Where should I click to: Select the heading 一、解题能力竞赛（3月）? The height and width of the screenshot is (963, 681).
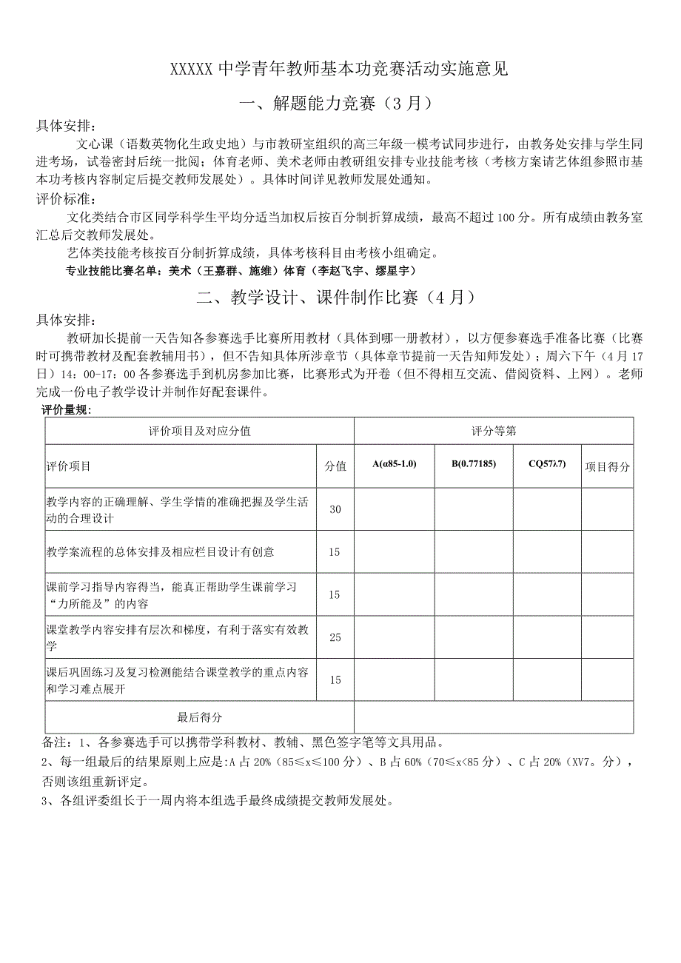(340, 104)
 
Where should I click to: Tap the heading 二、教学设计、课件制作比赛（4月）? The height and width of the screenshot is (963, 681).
(340, 298)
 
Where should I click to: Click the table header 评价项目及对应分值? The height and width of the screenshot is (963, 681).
(199, 431)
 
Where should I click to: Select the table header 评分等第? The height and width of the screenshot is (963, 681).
(494, 431)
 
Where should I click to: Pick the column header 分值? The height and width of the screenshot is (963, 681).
(335, 466)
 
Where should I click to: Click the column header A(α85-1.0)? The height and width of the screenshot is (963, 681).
(395, 464)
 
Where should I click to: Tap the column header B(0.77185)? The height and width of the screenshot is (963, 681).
(474, 464)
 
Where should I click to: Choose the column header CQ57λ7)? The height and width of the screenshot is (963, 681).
(547, 464)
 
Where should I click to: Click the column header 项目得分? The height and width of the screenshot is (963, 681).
(607, 466)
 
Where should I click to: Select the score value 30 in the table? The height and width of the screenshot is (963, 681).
(335, 509)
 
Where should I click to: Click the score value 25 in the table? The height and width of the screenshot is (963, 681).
(335, 637)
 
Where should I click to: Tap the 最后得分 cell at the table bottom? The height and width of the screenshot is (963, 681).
(199, 717)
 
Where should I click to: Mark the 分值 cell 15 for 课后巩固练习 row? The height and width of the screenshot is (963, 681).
(335, 680)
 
